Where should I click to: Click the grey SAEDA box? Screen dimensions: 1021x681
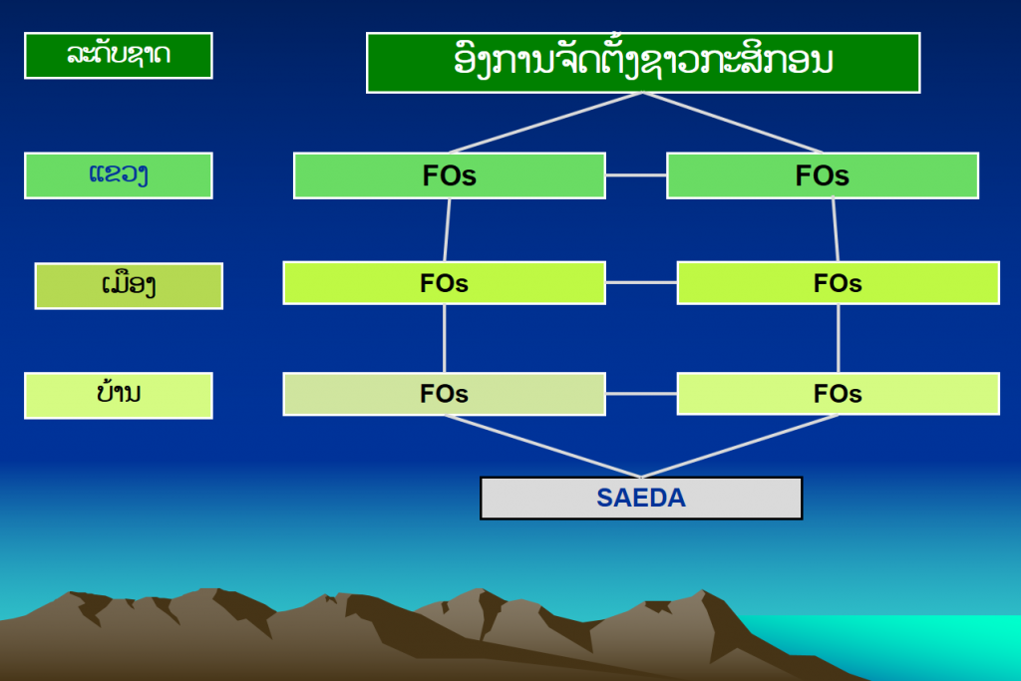[x=641, y=499]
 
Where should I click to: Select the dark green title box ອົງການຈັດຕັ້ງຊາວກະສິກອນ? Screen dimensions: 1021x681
[x=643, y=63]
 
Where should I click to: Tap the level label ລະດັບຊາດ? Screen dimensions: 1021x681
[x=119, y=56]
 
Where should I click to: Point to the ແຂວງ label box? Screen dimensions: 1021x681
[x=119, y=175]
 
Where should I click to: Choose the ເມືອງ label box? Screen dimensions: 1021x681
[x=129, y=286]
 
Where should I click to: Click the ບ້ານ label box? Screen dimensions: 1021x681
[x=119, y=395]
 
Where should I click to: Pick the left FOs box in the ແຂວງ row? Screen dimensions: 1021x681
[x=450, y=175]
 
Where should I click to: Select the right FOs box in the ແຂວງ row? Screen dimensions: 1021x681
[x=823, y=175]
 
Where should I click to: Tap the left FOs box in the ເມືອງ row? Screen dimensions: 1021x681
[x=444, y=282]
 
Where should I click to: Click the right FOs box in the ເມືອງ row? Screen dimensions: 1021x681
[x=838, y=282]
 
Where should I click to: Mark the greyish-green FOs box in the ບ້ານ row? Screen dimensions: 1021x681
[x=444, y=394]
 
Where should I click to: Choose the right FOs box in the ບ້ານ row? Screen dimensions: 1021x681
[x=838, y=394]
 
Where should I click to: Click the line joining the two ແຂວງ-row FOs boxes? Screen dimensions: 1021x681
[x=636, y=175]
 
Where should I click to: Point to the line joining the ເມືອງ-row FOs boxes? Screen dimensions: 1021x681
[x=641, y=282]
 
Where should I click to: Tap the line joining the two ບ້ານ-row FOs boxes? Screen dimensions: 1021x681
[x=641, y=394]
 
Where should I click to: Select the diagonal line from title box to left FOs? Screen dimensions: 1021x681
[x=545, y=123]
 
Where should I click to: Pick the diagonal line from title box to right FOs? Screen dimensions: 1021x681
[x=733, y=123]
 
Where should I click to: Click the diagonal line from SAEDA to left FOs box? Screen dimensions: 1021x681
[x=543, y=446]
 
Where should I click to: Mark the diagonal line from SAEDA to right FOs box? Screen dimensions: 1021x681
[x=740, y=446]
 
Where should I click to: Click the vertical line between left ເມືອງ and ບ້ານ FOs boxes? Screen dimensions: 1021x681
[x=444, y=339]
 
